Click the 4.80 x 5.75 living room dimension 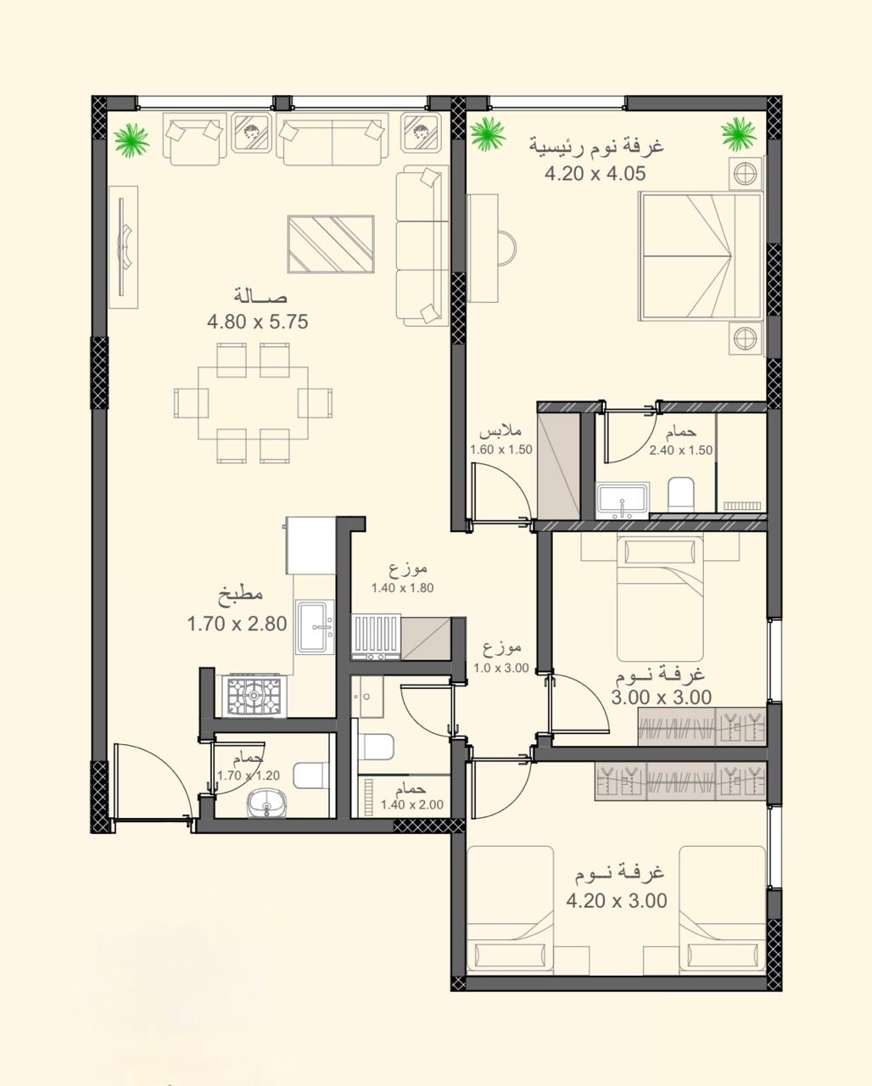click(257, 322)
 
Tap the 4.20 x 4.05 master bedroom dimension click(595, 174)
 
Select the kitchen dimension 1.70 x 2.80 click(238, 624)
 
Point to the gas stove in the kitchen click(254, 696)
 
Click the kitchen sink click(315, 627)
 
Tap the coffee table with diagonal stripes click(331, 244)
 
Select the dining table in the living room click(254, 403)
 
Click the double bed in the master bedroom click(701, 256)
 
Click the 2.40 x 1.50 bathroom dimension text click(681, 451)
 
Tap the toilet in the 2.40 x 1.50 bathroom click(681, 494)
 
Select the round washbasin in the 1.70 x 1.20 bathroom click(267, 803)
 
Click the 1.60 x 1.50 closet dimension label click(501, 450)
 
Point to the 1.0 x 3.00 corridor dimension click(501, 668)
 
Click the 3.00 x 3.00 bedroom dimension click(661, 697)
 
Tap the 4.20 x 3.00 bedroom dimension click(617, 900)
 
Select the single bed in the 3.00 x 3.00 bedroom click(660, 599)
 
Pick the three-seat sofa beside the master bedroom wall click(422, 245)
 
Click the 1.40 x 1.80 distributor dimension click(402, 588)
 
